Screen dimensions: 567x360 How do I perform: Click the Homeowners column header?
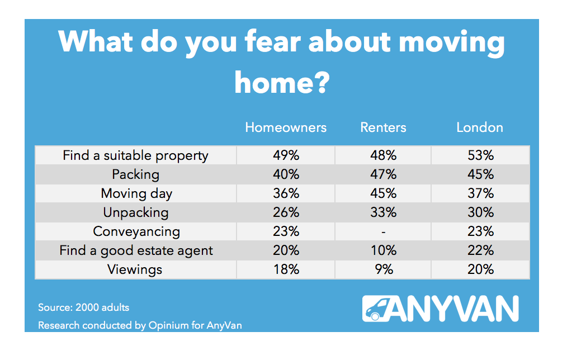(286, 127)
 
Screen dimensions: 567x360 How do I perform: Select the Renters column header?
(383, 127)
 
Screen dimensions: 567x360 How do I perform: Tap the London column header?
(480, 127)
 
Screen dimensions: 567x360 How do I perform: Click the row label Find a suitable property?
(136, 156)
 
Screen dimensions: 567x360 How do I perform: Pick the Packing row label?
(136, 174)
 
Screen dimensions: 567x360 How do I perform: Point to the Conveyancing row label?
(136, 231)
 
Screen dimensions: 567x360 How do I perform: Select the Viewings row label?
(135, 269)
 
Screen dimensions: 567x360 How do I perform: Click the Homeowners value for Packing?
(286, 174)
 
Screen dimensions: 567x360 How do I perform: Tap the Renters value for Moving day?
(383, 193)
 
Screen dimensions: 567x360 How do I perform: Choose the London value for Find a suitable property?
(480, 155)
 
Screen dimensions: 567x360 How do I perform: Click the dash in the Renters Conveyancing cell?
(383, 231)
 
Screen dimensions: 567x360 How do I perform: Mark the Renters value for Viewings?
(383, 269)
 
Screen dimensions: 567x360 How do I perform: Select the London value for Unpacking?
(480, 212)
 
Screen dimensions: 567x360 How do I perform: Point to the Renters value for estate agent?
(383, 250)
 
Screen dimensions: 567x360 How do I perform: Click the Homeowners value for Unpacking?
(286, 212)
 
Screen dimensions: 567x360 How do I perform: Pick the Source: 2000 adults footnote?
(83, 307)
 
